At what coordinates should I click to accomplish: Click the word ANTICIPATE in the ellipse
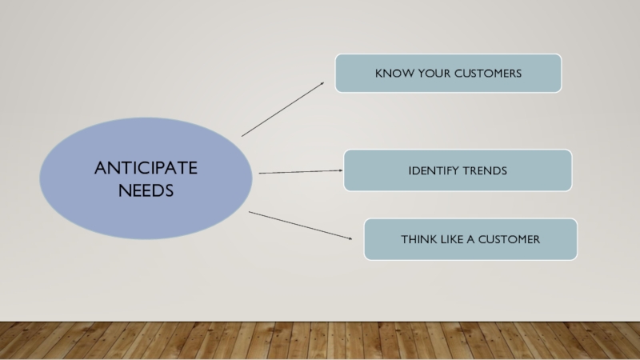pos(146,168)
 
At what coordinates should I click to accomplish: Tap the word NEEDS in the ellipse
pos(146,190)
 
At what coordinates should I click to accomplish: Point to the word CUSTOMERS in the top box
pos(486,74)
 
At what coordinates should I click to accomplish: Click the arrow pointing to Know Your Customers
pos(283,109)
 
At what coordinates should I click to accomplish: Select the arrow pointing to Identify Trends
pos(300,171)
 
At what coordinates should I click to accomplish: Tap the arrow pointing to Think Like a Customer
pos(300,226)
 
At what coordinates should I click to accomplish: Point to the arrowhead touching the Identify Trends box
pos(339,170)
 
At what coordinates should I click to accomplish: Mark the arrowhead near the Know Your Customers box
pos(322,84)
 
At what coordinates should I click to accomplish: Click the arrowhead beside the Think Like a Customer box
pos(349,238)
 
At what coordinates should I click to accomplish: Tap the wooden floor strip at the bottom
pos(320,342)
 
